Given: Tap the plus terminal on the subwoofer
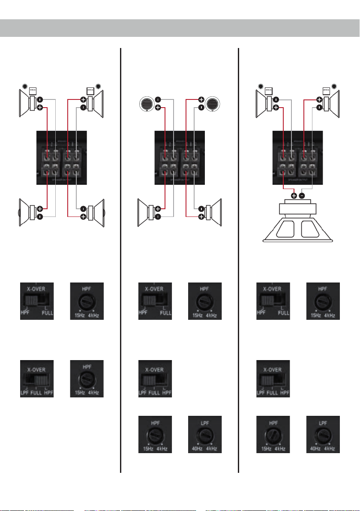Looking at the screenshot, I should pyautogui.click(x=294, y=196).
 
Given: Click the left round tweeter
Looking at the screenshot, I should pyautogui.click(x=147, y=104).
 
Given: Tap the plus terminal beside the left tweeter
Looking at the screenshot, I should pyautogui.click(x=158, y=108).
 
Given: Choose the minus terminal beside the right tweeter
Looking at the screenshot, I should pyautogui.click(x=201, y=108).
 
